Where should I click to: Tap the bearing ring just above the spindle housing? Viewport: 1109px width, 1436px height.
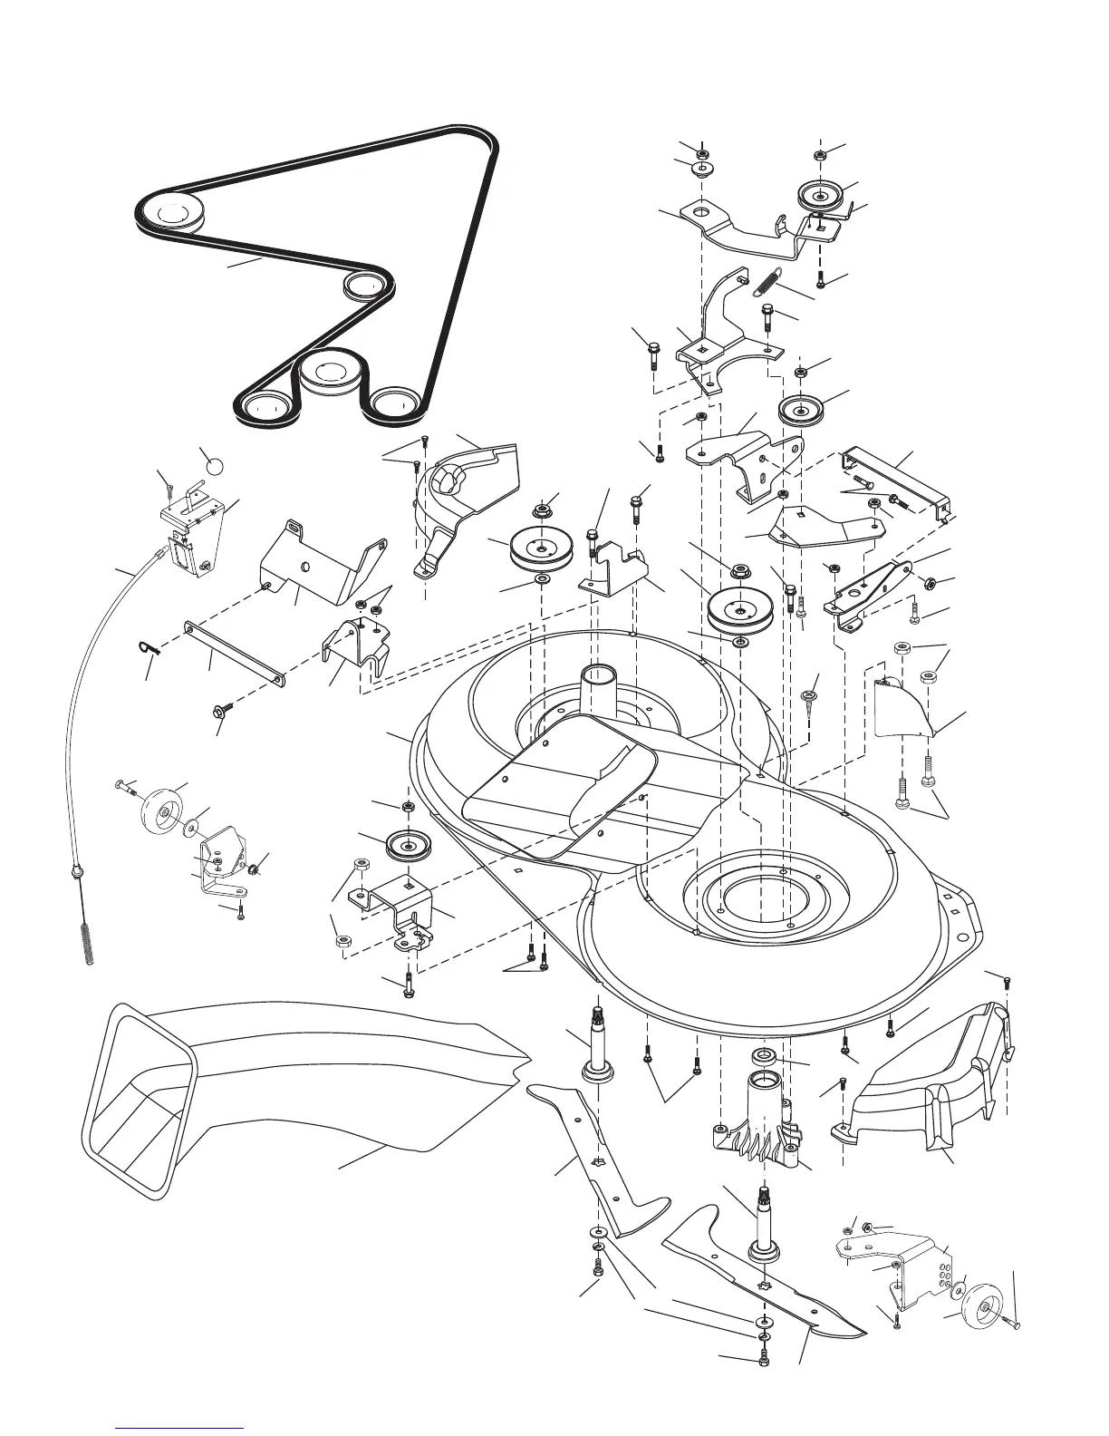coord(763,1056)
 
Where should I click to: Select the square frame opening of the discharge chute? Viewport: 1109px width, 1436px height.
coord(136,1092)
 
